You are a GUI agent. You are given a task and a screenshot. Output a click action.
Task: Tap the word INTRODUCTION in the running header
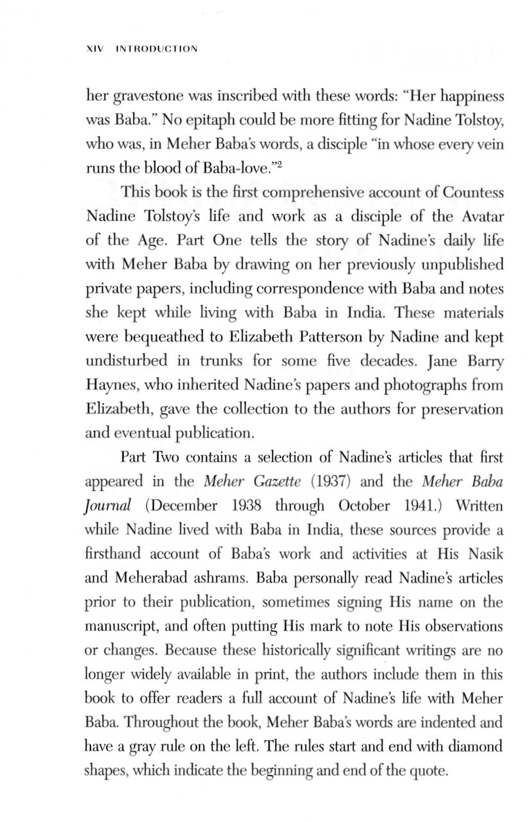(157, 49)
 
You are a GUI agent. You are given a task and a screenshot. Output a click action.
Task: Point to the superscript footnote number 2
(280, 164)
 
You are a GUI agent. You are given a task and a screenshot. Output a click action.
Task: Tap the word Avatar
(482, 216)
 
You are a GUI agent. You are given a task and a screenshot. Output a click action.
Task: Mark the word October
(364, 505)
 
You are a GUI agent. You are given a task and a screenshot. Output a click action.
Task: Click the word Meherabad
(161, 577)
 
